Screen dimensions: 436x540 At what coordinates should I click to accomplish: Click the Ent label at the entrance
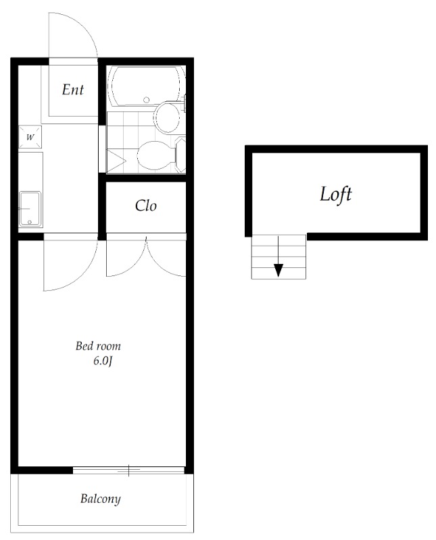(73, 90)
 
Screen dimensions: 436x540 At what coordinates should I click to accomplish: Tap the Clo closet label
(145, 206)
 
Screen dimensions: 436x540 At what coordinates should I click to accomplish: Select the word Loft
(336, 194)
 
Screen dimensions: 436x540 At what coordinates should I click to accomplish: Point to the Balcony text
(100, 499)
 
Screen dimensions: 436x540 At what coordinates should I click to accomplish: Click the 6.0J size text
(103, 361)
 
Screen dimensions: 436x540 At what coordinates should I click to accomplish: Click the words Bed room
(98, 346)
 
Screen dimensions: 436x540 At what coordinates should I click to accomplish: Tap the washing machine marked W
(30, 137)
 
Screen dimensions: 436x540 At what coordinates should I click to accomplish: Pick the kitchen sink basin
(30, 209)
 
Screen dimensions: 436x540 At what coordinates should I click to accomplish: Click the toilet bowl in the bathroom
(155, 155)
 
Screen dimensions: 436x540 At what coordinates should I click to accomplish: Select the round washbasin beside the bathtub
(167, 117)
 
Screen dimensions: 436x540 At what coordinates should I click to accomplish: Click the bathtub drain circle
(146, 100)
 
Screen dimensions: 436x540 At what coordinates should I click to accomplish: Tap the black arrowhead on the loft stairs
(278, 270)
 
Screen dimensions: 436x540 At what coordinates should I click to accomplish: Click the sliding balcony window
(128, 470)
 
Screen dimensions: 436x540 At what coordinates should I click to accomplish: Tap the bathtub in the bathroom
(146, 86)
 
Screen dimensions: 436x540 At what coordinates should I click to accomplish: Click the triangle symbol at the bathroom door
(116, 161)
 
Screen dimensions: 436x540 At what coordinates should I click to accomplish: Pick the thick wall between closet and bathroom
(145, 178)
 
